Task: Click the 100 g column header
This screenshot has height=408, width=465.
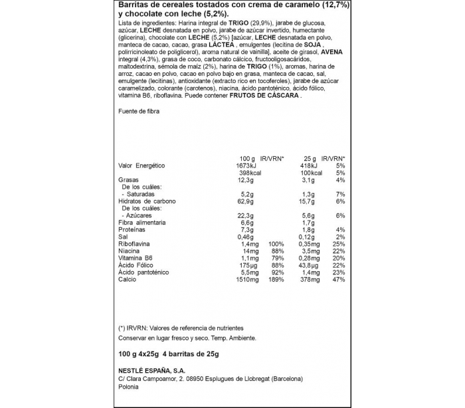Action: point(248,158)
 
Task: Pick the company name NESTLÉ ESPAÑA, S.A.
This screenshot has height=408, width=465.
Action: point(153,371)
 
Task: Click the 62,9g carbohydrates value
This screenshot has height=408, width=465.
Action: point(246,201)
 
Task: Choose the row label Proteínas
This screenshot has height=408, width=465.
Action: point(134,230)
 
